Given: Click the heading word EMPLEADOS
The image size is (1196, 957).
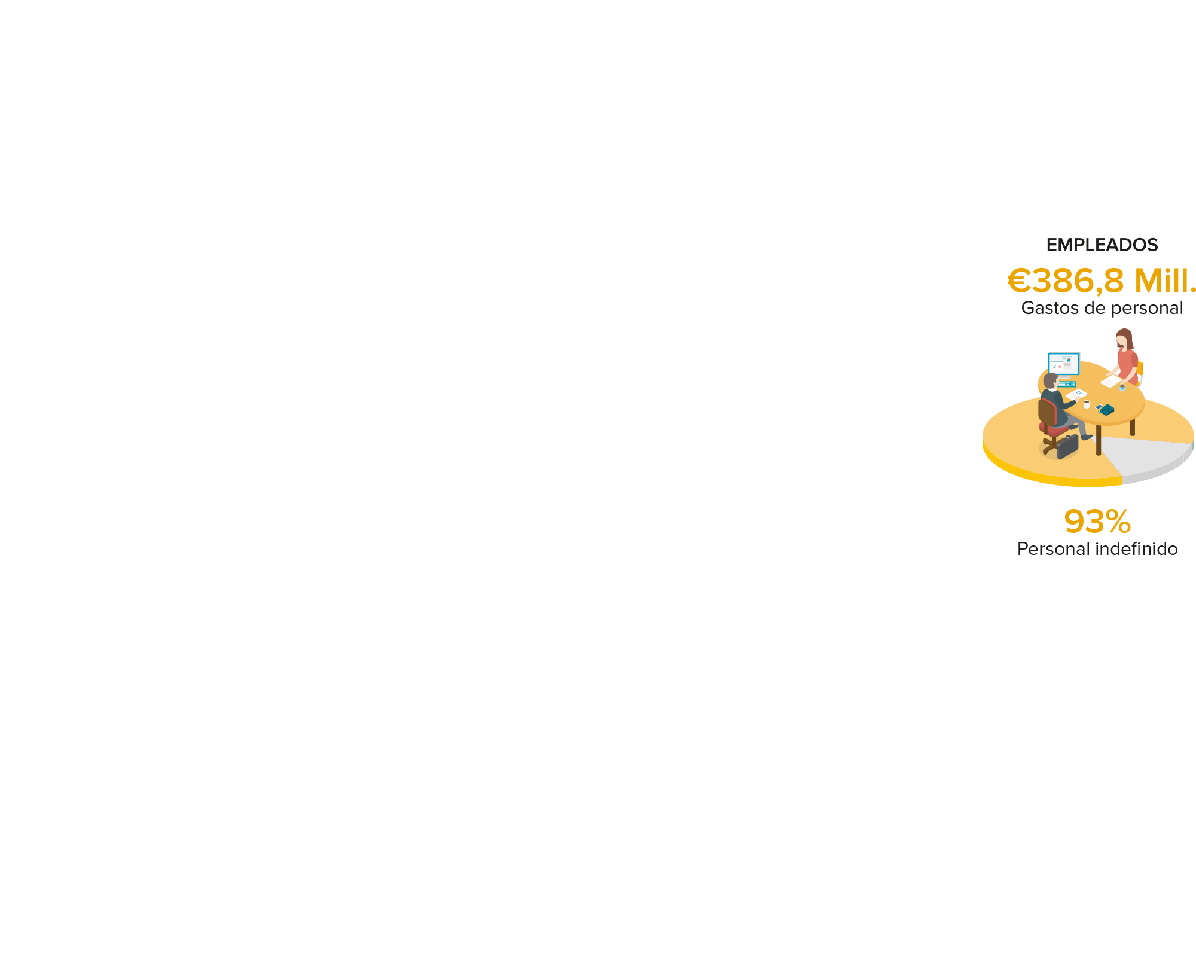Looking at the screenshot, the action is [1102, 245].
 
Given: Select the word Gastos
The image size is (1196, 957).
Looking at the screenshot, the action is [1046, 308].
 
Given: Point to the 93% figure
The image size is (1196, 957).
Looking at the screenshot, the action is [1097, 522].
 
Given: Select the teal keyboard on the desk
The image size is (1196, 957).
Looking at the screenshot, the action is [1067, 383].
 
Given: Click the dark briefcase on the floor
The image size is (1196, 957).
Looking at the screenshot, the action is [1067, 447].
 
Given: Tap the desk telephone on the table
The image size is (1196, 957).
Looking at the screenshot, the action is [1107, 410].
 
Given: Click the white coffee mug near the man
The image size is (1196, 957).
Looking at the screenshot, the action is [1087, 404].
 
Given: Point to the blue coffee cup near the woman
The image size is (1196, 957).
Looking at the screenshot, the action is [1122, 388].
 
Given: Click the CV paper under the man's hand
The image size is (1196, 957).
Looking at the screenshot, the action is [1076, 394].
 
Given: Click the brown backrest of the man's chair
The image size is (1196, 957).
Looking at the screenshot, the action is [1046, 412].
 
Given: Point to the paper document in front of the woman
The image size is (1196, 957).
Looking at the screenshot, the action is [1111, 381].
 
